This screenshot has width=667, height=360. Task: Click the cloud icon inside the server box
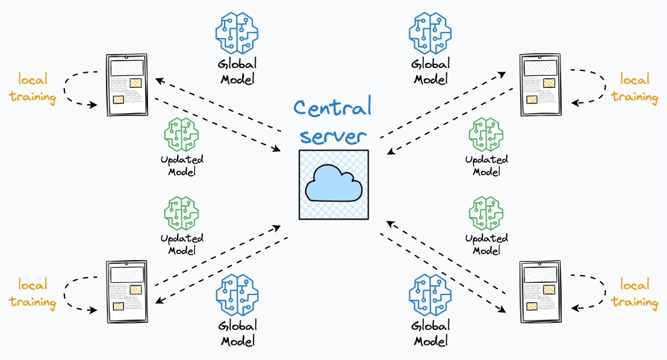[333, 184]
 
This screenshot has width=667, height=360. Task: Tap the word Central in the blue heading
[332, 108]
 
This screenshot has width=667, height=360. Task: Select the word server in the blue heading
[332, 135]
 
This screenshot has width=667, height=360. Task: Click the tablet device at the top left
[126, 85]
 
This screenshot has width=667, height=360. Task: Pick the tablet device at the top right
[539, 85]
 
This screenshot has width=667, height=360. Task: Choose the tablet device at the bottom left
[126, 291]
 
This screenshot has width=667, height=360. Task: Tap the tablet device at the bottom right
[539, 291]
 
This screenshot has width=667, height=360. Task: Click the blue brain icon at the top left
[237, 33]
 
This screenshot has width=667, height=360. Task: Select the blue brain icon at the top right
[430, 33]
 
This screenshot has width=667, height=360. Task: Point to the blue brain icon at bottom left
[237, 295]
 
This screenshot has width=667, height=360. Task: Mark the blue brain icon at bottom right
[430, 295]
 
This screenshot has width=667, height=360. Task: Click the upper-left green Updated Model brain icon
[181, 134]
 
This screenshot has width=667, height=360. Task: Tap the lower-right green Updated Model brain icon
[486, 213]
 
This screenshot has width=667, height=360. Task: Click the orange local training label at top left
[33, 88]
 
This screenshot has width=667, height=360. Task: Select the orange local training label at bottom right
[634, 293]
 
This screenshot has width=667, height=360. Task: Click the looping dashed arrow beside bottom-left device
[75, 293]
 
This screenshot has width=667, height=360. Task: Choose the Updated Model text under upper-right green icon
[486, 166]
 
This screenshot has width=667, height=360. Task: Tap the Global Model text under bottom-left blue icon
[238, 334]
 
